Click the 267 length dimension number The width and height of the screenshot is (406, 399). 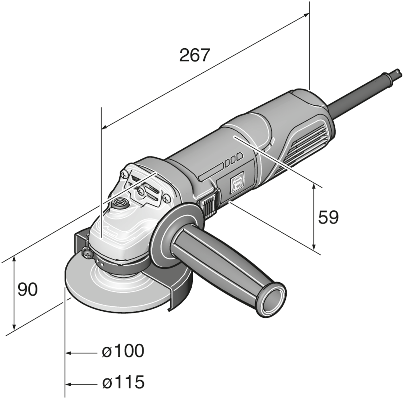195,55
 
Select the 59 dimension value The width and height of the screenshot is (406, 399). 328,217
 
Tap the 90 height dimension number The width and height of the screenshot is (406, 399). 27,289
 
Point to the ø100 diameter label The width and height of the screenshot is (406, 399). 123,351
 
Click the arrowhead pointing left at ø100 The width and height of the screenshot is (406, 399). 68,353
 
